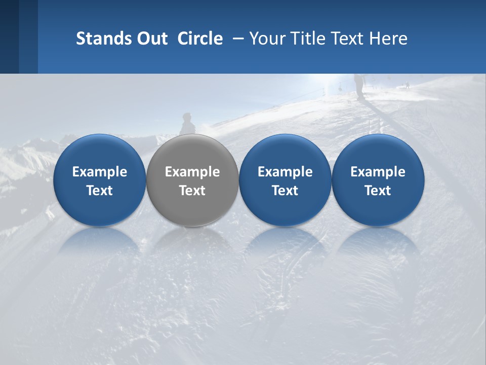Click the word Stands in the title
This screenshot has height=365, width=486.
103,39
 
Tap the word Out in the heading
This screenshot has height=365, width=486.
151,39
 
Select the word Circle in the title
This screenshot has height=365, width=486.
200,39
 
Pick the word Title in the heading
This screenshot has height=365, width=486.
306,39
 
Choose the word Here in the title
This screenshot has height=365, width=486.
389,39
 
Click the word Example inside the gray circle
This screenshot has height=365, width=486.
192,172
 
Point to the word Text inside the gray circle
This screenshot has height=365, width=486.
192,191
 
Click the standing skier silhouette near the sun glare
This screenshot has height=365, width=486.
359,85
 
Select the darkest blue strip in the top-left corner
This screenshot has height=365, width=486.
9,36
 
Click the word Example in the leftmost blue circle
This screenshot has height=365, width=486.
100,172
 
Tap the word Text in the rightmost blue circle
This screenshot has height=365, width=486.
378,191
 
